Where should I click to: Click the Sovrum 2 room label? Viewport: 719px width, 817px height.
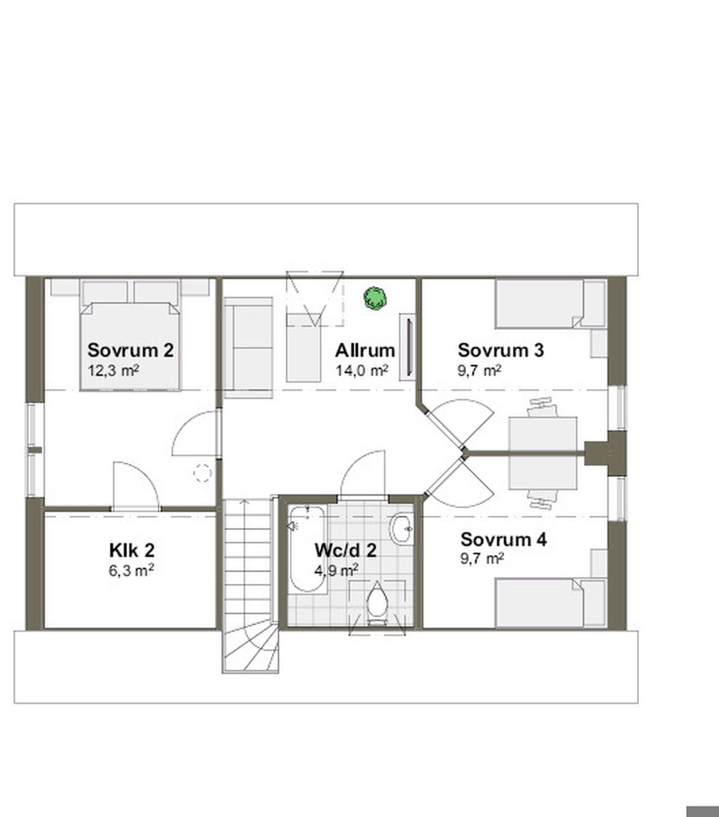click(x=131, y=350)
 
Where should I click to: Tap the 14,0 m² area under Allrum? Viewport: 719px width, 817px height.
click(x=362, y=371)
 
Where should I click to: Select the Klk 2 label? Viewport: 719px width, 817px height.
click(x=131, y=550)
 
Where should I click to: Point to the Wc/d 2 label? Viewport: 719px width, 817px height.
click(x=345, y=550)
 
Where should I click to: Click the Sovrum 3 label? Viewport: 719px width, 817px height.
click(x=501, y=350)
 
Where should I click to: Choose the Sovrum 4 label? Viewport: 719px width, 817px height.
click(x=503, y=539)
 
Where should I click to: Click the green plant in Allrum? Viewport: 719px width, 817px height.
click(x=375, y=298)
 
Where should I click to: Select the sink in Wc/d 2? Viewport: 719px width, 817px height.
click(x=402, y=529)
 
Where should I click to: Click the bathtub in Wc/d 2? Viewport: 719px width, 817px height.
click(x=307, y=549)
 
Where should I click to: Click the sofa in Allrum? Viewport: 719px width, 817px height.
click(x=248, y=347)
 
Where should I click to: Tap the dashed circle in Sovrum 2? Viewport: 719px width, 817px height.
click(x=203, y=473)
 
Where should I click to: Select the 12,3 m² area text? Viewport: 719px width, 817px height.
click(x=113, y=371)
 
